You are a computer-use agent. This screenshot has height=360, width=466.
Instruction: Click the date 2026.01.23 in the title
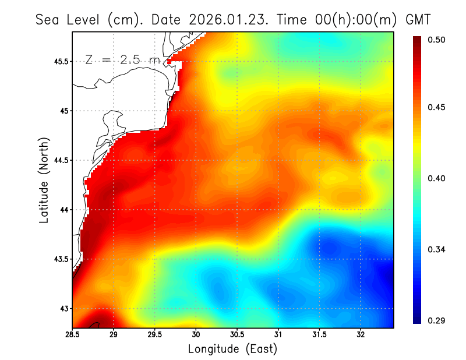pyautogui.click(x=225, y=19)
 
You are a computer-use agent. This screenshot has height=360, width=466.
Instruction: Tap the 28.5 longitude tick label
pyautogui.click(x=73, y=334)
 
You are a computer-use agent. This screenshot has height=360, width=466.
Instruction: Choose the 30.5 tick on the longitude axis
pyautogui.click(x=237, y=334)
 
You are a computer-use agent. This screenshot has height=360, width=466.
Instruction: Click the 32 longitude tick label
pyautogui.click(x=361, y=334)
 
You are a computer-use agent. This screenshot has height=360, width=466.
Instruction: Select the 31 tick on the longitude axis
pyautogui.click(x=278, y=334)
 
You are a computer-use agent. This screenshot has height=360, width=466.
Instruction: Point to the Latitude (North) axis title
pyautogui.click(x=44, y=179)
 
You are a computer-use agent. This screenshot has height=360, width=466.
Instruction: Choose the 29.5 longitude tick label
pyautogui.click(x=155, y=334)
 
